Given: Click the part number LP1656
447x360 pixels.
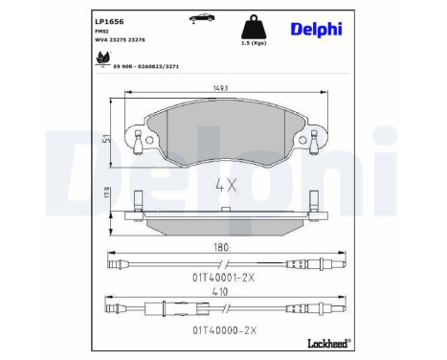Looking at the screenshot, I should (108, 18).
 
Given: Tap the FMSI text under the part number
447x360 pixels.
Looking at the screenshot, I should (101, 32).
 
